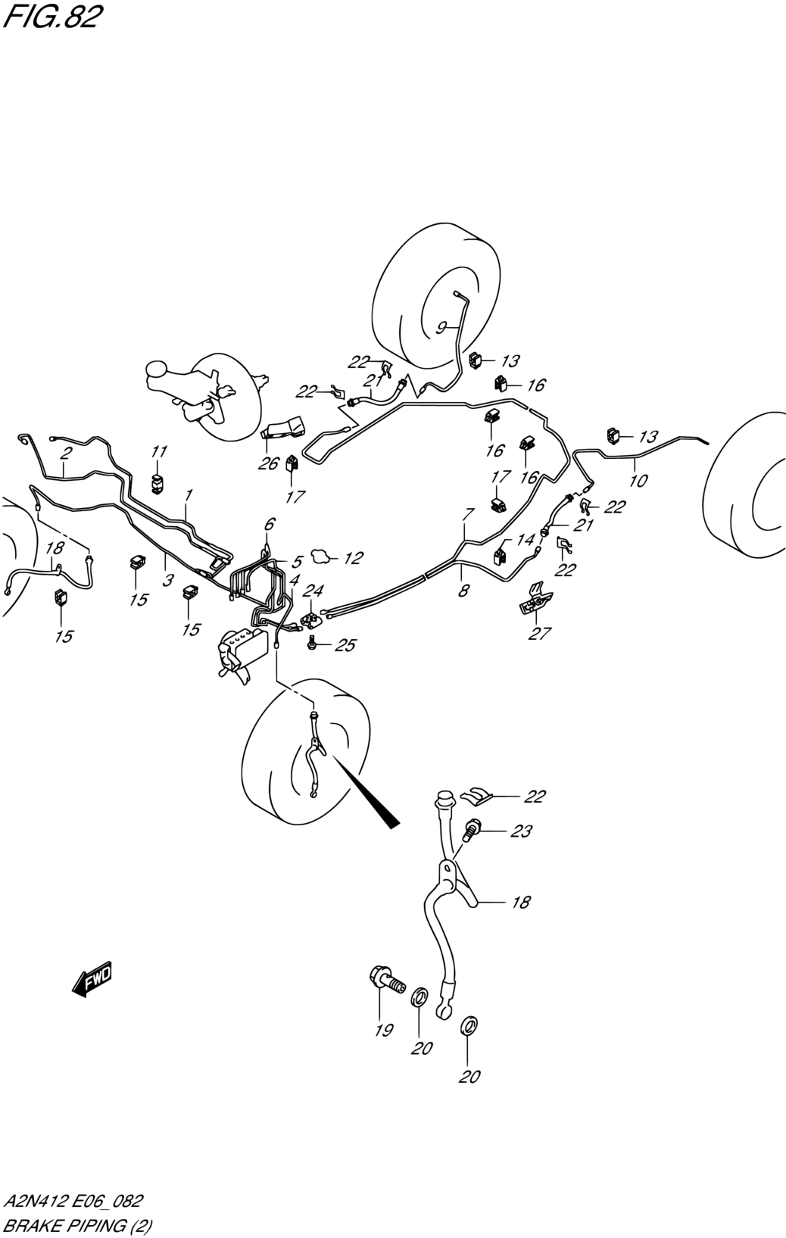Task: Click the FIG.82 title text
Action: coord(51,17)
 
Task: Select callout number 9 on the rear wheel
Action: coord(441,327)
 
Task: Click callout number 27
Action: coord(539,634)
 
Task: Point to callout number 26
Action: coord(268,463)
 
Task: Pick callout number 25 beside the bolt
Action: coord(345,645)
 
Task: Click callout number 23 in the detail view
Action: coord(520,831)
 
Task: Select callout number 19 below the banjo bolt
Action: coord(384,1030)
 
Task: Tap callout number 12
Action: coord(353,558)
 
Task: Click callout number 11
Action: coord(158,451)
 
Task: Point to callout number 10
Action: coord(638,480)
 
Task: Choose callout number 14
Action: coord(525,540)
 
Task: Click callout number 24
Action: coord(313,591)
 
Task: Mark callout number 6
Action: coord(270,523)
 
